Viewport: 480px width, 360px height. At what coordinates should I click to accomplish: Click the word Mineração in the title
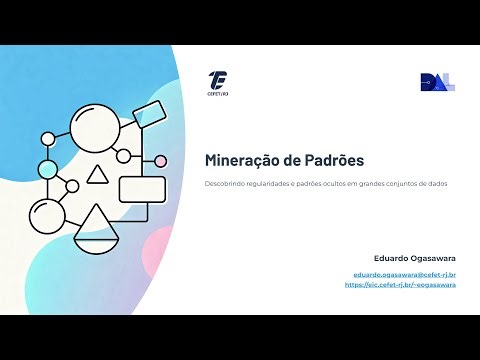(238, 160)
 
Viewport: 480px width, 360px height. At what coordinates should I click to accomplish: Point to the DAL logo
(437, 83)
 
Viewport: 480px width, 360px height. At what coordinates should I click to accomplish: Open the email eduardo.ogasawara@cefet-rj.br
(405, 274)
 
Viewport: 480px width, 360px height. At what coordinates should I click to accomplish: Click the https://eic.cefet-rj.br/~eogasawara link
(400, 285)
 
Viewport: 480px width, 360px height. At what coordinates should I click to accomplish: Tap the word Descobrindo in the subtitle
(226, 184)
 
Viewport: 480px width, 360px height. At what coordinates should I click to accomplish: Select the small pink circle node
(160, 161)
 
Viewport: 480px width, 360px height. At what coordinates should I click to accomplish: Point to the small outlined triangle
(97, 176)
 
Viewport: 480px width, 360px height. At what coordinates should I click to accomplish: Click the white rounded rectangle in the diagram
(142, 189)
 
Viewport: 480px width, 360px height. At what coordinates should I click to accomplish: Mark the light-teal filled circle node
(48, 169)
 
